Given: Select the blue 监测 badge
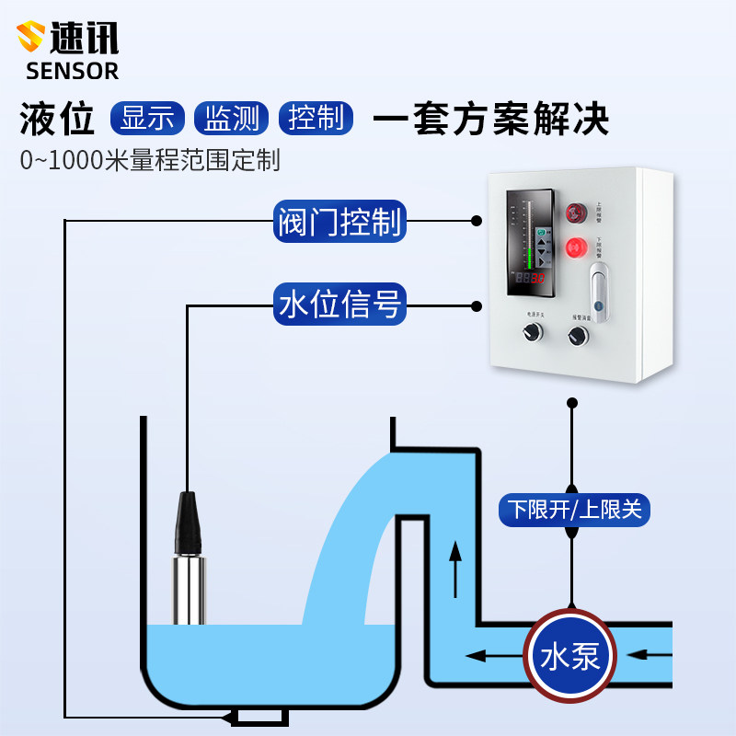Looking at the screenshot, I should pyautogui.click(x=231, y=119).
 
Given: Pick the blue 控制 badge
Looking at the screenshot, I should pyautogui.click(x=316, y=119).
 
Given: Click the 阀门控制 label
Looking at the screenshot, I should pyautogui.click(x=339, y=222).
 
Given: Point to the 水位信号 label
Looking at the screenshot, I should pyautogui.click(x=339, y=305).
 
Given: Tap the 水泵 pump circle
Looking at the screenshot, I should pyautogui.click(x=570, y=655).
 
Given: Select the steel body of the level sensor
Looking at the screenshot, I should pyautogui.click(x=190, y=589).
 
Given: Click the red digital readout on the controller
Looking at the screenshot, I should pyautogui.click(x=530, y=277).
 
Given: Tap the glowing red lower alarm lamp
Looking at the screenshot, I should pyautogui.click(x=577, y=247).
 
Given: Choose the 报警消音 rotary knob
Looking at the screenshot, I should pyautogui.click(x=580, y=338).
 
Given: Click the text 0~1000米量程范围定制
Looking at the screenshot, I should pyautogui.click(x=150, y=160).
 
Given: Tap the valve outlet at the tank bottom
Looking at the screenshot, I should pyautogui.click(x=260, y=717).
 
